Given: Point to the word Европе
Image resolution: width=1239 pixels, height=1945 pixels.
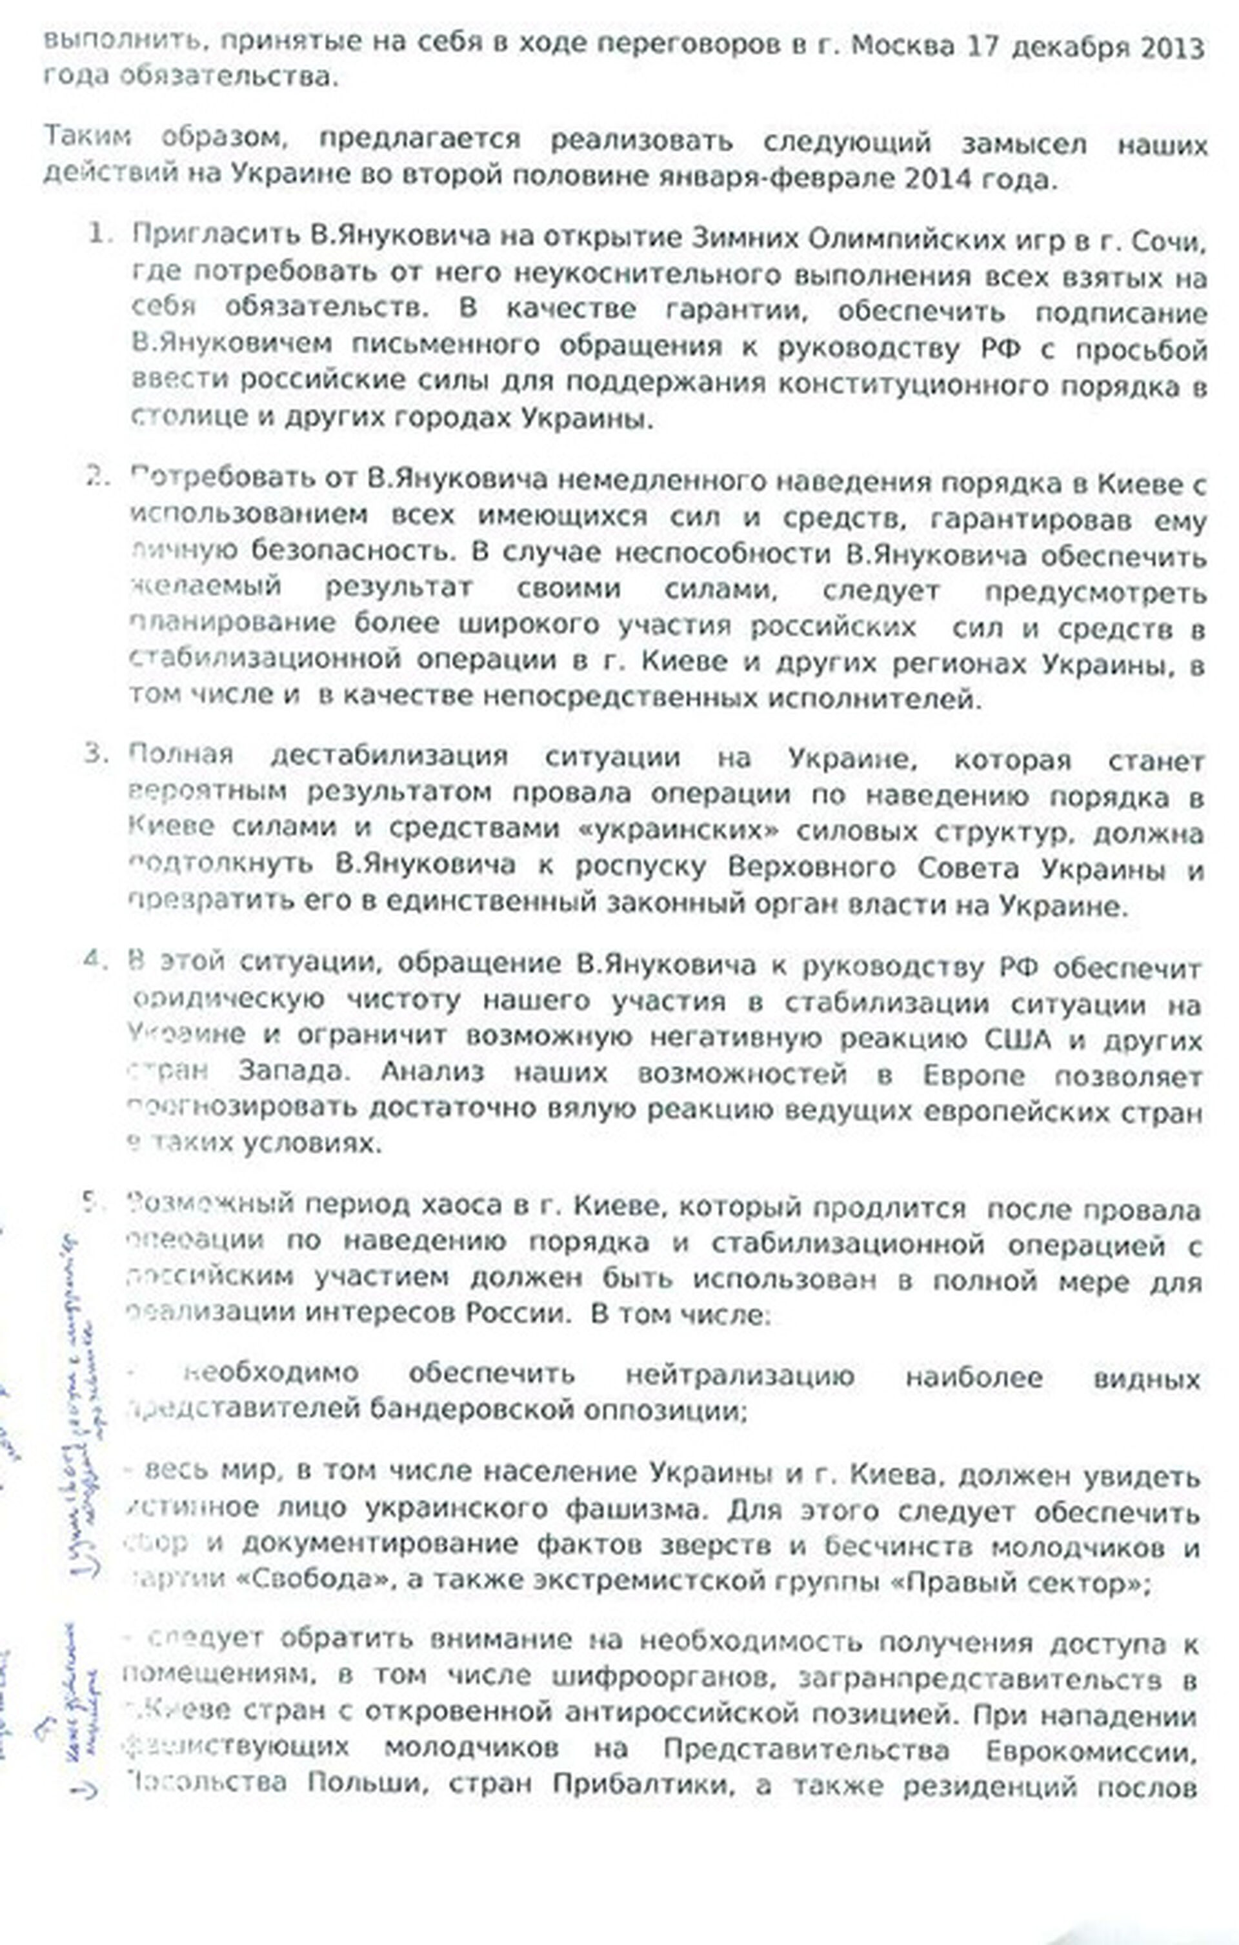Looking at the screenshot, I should coord(973,1076).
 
